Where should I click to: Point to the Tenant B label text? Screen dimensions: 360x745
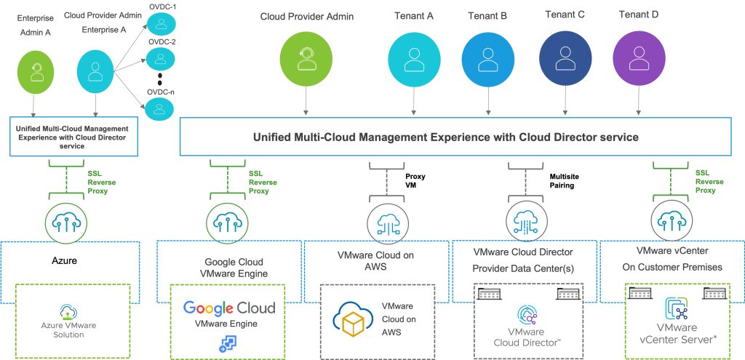pyautogui.click(x=489, y=15)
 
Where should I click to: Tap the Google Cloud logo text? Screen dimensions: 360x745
pyautogui.click(x=229, y=307)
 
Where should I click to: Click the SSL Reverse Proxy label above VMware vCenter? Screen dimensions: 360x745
pyautogui.click(x=710, y=182)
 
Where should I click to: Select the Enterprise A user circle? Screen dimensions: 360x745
pyautogui.click(x=95, y=72)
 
